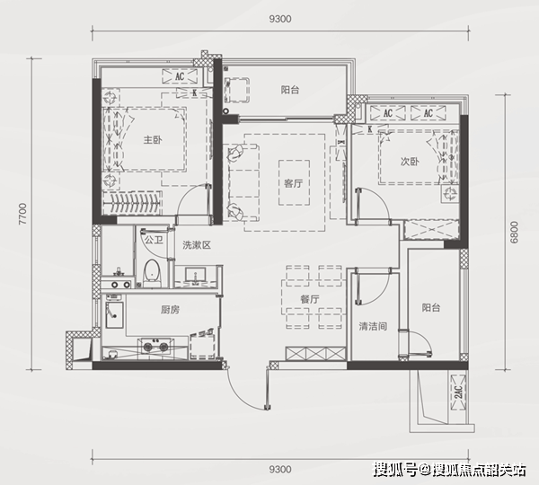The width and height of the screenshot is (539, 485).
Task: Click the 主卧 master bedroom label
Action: [x=153, y=140]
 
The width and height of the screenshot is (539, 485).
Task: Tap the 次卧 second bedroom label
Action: [x=410, y=161]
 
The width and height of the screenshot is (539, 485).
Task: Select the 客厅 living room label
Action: [x=293, y=183]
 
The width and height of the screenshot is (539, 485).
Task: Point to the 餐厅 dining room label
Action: [x=309, y=299]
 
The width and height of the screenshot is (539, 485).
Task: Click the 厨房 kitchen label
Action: [x=170, y=310]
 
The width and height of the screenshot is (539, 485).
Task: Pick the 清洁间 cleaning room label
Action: [x=373, y=326]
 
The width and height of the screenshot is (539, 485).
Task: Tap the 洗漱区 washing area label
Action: [x=197, y=245]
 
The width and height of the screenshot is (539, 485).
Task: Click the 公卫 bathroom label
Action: [x=154, y=240]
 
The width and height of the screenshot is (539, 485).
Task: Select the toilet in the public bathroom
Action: [x=152, y=273]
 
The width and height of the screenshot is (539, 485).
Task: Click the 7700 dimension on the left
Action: [x=22, y=214]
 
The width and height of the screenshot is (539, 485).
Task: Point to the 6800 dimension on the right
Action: [x=514, y=232]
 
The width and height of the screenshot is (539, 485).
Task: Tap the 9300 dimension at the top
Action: [x=280, y=19]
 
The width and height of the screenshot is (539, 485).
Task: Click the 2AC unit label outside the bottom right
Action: [x=458, y=392]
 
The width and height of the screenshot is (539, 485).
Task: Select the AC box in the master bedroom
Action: [x=180, y=76]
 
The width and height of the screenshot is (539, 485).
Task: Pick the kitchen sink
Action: [x=114, y=315]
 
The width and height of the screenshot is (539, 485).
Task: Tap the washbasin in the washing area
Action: [x=196, y=275]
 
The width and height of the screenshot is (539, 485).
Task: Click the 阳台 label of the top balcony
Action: [x=290, y=90]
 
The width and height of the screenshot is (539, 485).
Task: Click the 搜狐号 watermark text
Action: [x=395, y=470]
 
